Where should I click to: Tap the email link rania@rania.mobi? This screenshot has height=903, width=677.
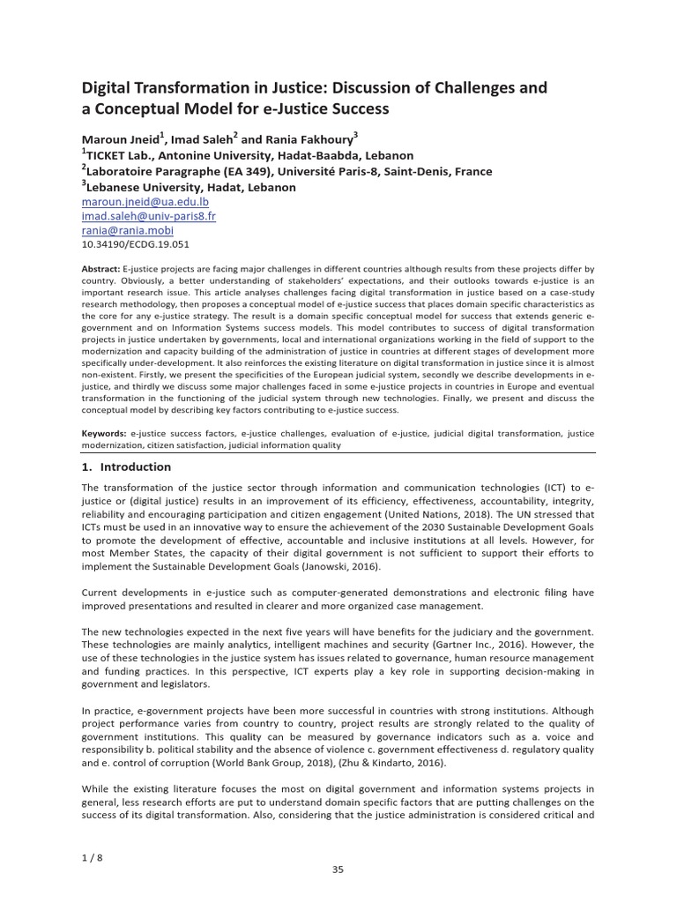pos(124,230)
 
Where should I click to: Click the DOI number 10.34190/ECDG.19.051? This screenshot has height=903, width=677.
pos(135,244)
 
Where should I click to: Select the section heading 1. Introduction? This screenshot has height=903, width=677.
pos(126,466)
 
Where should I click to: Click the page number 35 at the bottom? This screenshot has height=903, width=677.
pos(338,869)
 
